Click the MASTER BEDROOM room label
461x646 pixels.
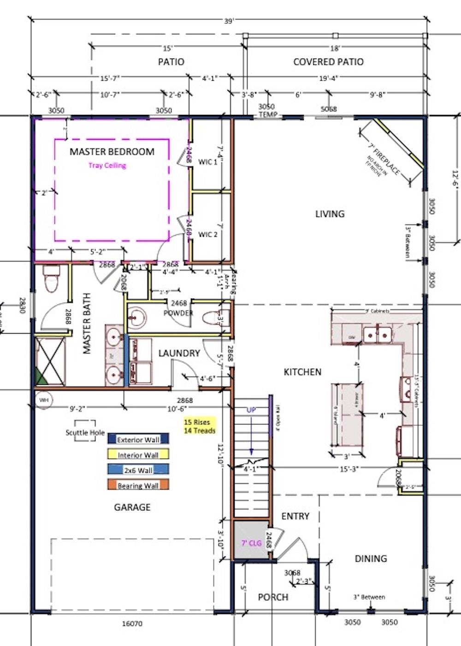click(112, 151)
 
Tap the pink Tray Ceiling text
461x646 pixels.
click(107, 165)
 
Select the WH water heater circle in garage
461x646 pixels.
click(44, 400)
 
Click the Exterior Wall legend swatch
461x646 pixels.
click(138, 439)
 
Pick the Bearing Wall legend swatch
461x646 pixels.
click(138, 485)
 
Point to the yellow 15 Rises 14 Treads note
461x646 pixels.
click(200, 426)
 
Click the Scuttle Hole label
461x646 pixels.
click(85, 432)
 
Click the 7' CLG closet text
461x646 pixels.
click(251, 543)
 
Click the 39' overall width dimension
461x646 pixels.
click(229, 21)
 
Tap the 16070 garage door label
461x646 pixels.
click(132, 623)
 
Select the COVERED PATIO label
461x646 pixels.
click(328, 62)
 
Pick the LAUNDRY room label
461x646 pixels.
click(179, 353)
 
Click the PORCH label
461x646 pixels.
click(273, 597)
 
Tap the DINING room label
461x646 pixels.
click(371, 558)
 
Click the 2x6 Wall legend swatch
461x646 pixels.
click(138, 470)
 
